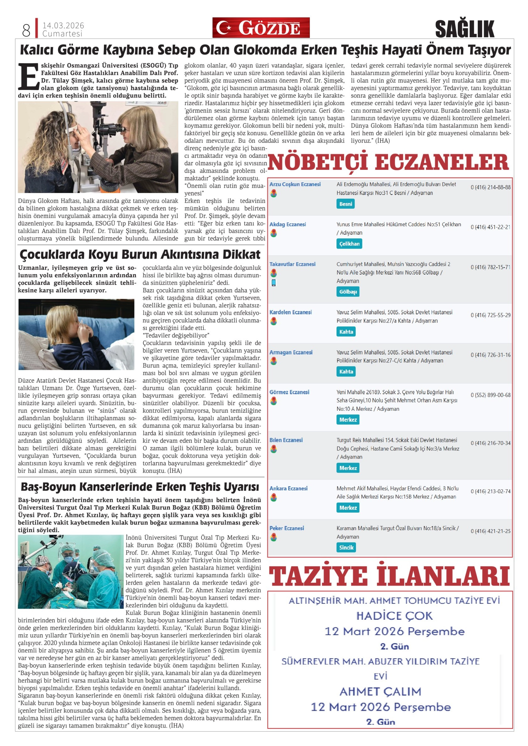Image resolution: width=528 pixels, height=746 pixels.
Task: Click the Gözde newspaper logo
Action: click(x=261, y=28)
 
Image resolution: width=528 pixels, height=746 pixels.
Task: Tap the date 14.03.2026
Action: click(x=63, y=25)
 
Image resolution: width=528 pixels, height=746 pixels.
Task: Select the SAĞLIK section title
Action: click(x=464, y=29)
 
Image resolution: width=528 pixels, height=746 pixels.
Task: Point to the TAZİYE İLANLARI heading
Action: click(x=389, y=576)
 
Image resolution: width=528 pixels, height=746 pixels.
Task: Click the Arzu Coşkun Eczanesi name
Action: click(x=295, y=184)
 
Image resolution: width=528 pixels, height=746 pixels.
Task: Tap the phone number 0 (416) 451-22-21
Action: click(x=490, y=227)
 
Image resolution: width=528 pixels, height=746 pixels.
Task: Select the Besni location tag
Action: click(x=345, y=204)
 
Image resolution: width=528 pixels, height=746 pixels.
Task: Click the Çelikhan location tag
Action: click(x=349, y=244)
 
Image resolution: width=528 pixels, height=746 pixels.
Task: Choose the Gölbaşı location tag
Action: click(x=348, y=292)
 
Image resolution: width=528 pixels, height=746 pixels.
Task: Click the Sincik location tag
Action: click(x=346, y=548)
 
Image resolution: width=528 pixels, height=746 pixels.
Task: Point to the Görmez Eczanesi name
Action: click(x=289, y=392)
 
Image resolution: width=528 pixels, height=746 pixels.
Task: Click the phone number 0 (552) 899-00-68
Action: click(x=490, y=395)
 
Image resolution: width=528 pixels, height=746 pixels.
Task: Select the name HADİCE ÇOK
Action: click(x=394, y=616)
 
